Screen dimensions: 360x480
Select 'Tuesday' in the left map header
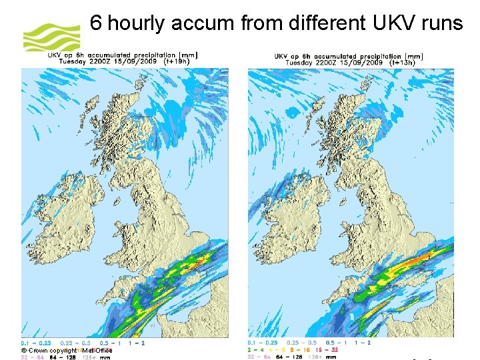click(74, 62)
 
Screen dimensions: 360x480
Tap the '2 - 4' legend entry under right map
click(255, 349)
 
